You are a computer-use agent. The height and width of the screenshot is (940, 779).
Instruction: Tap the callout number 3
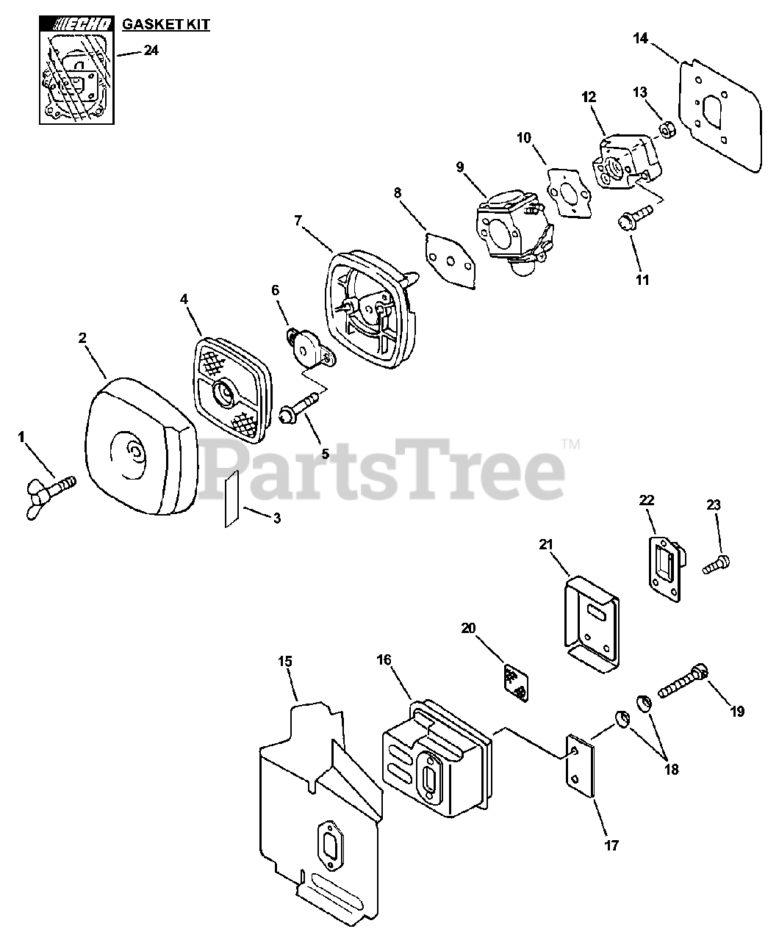pos(276,517)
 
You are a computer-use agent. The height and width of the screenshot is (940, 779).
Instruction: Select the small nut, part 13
pos(667,131)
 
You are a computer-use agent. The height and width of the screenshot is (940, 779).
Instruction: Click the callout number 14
pos(640,38)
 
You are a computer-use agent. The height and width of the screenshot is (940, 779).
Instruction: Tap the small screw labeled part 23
pos(717,565)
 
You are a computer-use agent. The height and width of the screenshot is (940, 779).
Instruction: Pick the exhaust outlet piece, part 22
pos(667,562)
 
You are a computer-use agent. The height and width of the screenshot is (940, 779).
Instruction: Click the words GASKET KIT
pos(165,25)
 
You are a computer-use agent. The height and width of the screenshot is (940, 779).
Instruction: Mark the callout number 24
pos(151,51)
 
